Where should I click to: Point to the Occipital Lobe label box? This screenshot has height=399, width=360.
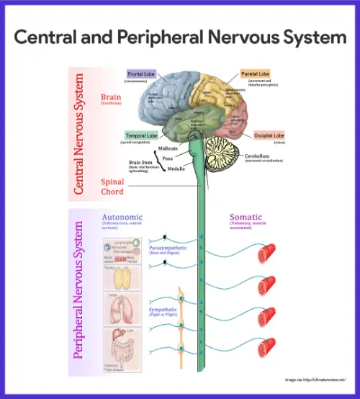pyautogui.click(x=269, y=135)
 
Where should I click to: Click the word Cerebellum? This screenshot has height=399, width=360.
pyautogui.click(x=260, y=155)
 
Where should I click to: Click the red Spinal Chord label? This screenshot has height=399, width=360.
pyautogui.click(x=112, y=187)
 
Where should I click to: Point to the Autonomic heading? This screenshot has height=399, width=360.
pyautogui.click(x=122, y=217)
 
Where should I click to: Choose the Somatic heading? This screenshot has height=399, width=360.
pyautogui.click(x=246, y=217)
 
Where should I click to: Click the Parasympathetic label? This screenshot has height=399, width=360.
pyautogui.click(x=167, y=247)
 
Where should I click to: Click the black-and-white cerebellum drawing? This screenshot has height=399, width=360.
pyautogui.click(x=225, y=153)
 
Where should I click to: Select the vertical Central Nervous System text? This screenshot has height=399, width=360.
pyautogui.click(x=79, y=133)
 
